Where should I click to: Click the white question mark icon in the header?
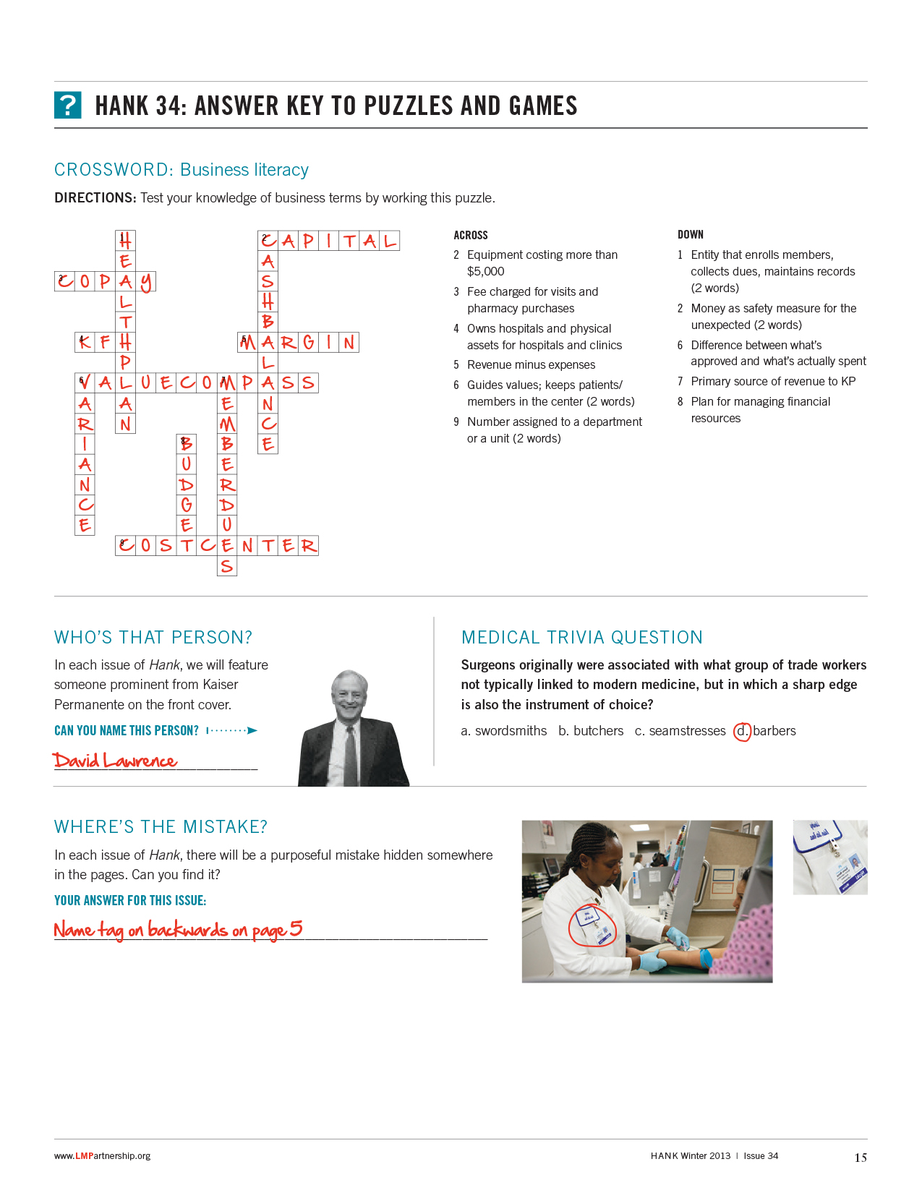(68, 106)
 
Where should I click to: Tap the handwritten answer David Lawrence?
(114, 761)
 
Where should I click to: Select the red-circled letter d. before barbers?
(742, 732)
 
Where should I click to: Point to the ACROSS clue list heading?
(471, 236)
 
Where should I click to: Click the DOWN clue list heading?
(690, 235)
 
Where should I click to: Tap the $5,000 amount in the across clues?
(486, 272)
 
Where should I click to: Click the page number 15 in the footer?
(860, 1158)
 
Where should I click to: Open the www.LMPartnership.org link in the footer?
(102, 1156)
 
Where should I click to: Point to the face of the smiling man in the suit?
(349, 695)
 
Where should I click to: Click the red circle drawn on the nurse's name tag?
(592, 925)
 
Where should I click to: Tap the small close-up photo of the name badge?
(829, 857)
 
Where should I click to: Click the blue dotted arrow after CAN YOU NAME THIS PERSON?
(232, 731)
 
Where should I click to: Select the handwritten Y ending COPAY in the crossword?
(146, 282)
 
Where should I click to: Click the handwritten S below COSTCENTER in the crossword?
(227, 566)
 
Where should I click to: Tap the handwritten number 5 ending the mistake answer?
(296, 928)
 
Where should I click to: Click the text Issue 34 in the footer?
(761, 1156)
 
